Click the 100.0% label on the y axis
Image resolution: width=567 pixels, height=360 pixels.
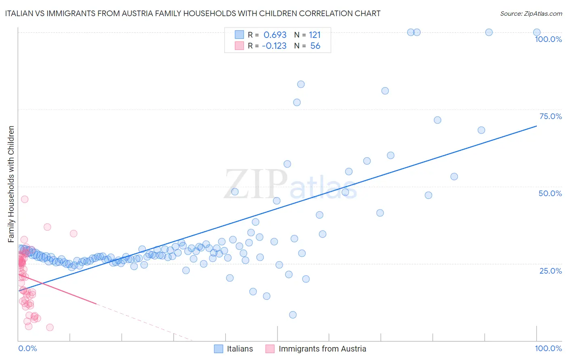pos(548,39)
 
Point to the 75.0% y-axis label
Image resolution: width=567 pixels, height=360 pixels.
pos(550,116)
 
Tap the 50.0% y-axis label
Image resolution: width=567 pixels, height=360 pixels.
pos(550,193)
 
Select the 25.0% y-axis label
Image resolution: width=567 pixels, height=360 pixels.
pos(550,271)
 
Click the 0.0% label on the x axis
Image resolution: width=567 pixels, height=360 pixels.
pos(27,348)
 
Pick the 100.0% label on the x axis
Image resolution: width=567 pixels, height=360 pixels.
pos(548,348)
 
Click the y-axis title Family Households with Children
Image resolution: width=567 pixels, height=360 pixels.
pos(11,184)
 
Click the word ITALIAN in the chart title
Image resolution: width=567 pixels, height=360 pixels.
pos(20,14)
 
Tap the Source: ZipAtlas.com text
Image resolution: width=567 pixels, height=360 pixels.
pos(531,14)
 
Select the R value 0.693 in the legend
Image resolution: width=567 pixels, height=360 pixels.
pos(275,35)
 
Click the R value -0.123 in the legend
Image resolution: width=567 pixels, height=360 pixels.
pos(274,46)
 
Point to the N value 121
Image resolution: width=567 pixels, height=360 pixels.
pos(315,35)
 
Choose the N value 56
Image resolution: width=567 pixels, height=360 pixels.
pos(315,46)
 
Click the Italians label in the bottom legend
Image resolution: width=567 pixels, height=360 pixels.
pos(240,349)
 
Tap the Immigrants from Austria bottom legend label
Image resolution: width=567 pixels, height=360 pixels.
pos(322,349)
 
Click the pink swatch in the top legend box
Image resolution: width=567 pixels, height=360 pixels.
pos(239,46)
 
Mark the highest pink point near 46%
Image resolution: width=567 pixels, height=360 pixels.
pos(25,199)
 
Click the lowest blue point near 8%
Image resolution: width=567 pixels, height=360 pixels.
pos(293,315)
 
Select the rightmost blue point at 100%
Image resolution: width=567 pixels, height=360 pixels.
pos(537,32)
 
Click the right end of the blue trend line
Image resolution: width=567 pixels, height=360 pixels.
pos(536,126)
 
